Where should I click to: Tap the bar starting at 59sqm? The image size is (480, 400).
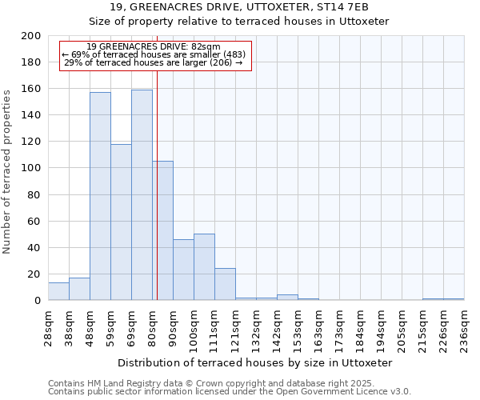click(121, 222)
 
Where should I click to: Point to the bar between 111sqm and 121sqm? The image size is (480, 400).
click(225, 284)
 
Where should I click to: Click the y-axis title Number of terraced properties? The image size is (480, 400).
click(8, 171)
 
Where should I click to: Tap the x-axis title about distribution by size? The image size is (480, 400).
click(255, 362)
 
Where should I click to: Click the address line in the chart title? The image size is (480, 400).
click(255, 7)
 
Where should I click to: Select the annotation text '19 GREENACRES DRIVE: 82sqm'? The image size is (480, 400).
click(154, 47)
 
